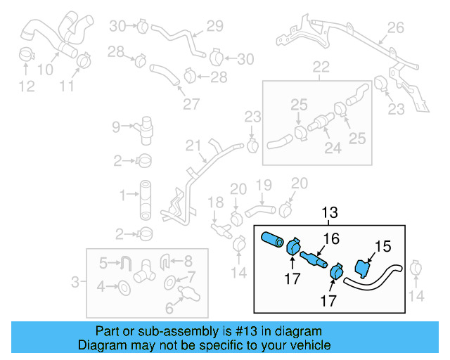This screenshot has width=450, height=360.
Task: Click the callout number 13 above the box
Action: coord(330,212)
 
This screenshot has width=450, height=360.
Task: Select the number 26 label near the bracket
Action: coord(395,28)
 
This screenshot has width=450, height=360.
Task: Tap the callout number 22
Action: coord(321,67)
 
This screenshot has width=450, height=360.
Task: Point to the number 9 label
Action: coord(117,127)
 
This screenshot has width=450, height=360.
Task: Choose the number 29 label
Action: coord(214,26)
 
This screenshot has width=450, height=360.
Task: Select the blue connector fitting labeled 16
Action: coord(314,261)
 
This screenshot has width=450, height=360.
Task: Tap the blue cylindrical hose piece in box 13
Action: coord(271,240)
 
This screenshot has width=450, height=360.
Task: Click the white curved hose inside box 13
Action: coord(373,278)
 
